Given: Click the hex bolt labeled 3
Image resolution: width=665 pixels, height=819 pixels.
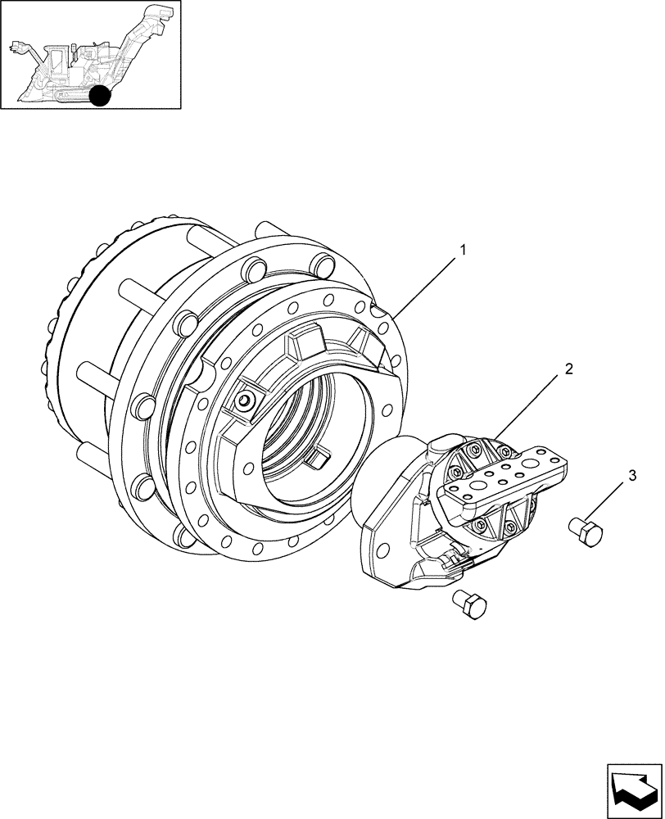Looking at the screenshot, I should tap(586, 532).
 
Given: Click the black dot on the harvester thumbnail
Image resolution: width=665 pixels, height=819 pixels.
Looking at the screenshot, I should tap(100, 96).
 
